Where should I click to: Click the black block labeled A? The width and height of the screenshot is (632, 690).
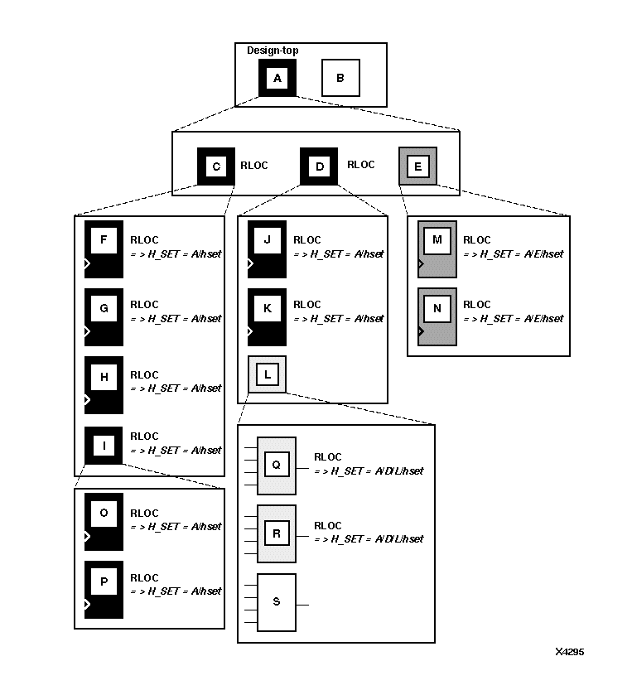coord(277,78)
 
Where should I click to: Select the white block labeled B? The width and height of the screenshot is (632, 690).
coord(340,78)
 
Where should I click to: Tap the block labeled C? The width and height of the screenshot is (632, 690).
coord(216,166)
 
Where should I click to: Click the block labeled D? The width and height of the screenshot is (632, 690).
coord(319,166)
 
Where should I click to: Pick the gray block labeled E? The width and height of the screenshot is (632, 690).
coord(417,166)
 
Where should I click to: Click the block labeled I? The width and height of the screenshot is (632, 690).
coord(104,446)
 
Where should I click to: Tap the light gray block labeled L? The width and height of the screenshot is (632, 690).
coord(267,375)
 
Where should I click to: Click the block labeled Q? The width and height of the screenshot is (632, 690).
coord(277,465)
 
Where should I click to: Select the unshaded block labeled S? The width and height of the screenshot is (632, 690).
coord(277,602)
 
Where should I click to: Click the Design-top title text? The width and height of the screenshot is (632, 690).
coord(273,51)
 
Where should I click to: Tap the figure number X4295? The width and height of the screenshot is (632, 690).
coord(569,652)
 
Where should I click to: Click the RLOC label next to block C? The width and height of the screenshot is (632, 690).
coord(253,166)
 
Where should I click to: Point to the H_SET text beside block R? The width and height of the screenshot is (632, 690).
coord(369,539)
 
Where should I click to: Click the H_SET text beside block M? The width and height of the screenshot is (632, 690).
coord(513,254)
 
